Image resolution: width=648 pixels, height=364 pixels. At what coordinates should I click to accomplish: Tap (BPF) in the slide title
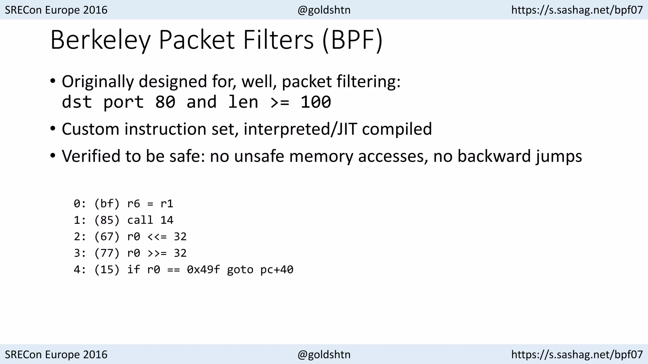[x=352, y=40]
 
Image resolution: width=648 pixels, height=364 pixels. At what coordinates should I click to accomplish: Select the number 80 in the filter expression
[x=165, y=102]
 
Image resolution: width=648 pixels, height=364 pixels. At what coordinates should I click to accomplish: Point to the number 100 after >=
[x=315, y=102]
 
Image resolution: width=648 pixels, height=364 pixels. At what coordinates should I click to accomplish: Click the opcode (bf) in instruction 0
[x=107, y=204]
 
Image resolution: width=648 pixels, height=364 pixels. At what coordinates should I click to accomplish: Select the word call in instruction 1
[x=140, y=220]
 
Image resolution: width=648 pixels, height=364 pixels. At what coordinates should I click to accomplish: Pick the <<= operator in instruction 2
[x=157, y=237]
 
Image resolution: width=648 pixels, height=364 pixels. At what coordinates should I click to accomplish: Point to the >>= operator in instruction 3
[x=157, y=253]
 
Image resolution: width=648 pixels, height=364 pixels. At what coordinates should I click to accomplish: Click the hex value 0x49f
[x=203, y=270]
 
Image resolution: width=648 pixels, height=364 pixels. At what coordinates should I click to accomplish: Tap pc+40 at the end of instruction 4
[x=277, y=270]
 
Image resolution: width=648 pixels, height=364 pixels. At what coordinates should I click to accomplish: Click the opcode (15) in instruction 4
[x=107, y=270]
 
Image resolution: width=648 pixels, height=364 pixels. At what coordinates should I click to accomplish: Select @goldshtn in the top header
[x=324, y=10]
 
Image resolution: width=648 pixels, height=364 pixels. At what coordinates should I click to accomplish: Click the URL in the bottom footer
[x=577, y=355]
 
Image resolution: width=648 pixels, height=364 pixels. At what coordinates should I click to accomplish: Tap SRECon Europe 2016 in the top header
[x=56, y=10]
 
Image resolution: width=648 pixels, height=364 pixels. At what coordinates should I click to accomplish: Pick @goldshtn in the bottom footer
[x=324, y=355]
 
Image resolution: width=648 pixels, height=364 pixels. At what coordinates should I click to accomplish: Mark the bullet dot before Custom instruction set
[x=53, y=129]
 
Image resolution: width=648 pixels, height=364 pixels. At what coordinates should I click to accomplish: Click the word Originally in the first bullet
[x=98, y=82]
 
